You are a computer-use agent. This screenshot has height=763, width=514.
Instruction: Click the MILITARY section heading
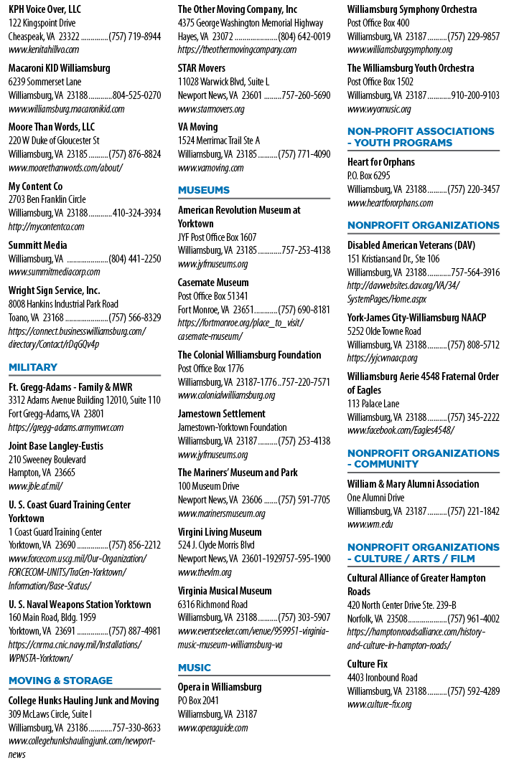click(32, 367)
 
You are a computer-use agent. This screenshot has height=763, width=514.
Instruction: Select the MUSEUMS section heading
click(204, 190)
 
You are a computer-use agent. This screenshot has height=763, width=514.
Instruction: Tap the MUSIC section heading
click(195, 668)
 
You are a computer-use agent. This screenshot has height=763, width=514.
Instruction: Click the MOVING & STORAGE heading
click(60, 681)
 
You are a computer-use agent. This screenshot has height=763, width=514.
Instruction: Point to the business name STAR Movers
click(201, 68)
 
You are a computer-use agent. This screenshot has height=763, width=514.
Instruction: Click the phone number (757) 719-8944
click(134, 37)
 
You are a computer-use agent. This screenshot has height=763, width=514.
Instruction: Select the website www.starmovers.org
click(211, 109)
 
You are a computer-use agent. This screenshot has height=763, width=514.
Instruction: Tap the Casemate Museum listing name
click(213, 283)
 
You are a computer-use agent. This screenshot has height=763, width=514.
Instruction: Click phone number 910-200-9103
click(475, 95)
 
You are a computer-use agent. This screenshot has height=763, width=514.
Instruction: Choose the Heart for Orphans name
click(381, 162)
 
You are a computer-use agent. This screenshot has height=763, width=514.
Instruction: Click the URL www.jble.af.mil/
click(35, 486)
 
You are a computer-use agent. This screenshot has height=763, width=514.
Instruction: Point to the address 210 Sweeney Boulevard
click(47, 460)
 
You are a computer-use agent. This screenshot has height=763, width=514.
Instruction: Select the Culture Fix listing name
click(368, 664)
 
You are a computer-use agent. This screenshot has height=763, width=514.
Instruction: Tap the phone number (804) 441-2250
click(134, 259)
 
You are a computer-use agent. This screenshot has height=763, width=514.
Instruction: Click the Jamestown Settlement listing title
click(221, 414)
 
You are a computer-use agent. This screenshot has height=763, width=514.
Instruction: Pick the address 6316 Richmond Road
click(212, 605)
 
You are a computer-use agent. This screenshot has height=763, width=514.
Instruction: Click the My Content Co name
click(35, 186)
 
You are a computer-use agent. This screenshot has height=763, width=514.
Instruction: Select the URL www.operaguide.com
click(212, 728)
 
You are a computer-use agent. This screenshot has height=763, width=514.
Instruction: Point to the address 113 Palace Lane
click(373, 404)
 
